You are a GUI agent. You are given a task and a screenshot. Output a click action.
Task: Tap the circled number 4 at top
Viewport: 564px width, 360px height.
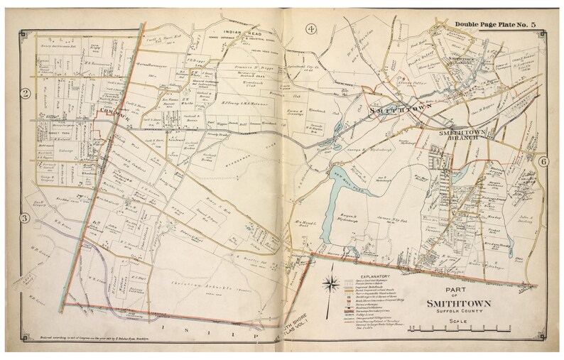[310, 29]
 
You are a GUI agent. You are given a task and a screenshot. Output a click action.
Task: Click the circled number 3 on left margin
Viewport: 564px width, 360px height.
[24, 218]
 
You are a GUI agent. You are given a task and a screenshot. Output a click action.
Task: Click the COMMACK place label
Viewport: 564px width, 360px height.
[112, 112]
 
